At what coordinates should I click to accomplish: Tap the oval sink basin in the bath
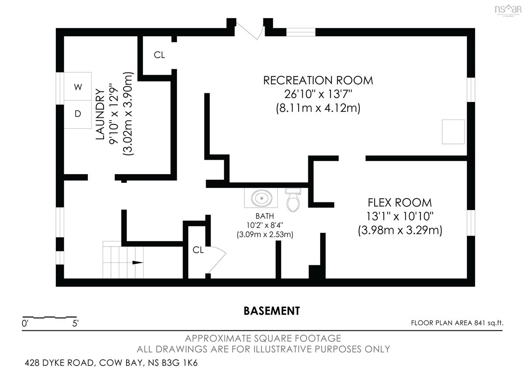tap(262, 198)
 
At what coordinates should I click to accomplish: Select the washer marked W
tap(78, 86)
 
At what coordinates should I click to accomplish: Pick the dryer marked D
tap(78, 114)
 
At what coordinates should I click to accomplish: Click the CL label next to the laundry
tap(159, 55)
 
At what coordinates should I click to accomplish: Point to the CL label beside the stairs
tap(198, 250)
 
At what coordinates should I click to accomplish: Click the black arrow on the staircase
tap(138, 263)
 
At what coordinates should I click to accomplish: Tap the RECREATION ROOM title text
tap(318, 80)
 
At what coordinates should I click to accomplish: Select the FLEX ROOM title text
tap(400, 202)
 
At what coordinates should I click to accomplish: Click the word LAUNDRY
tap(100, 114)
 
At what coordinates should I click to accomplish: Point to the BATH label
tap(265, 216)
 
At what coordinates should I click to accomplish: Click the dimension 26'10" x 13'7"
tap(318, 94)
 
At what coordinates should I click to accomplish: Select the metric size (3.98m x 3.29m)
tap(400, 230)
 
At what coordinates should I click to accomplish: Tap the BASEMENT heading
tap(272, 311)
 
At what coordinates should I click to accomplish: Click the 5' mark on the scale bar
tap(75, 324)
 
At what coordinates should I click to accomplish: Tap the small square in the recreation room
tap(453, 132)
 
